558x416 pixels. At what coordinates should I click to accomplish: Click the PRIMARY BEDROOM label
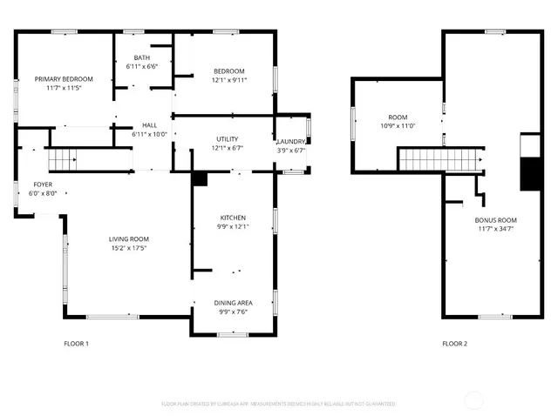coord(64,79)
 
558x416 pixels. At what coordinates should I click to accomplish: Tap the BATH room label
coord(141,57)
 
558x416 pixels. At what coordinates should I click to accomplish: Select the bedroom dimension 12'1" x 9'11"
coord(229,80)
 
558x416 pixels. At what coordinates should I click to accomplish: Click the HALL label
coord(149,125)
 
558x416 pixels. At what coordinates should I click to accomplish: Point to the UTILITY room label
coord(228,139)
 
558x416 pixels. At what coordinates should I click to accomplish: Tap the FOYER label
coord(43,185)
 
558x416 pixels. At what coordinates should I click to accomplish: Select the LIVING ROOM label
coord(128,239)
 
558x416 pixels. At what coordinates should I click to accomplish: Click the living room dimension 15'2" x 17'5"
coord(128,248)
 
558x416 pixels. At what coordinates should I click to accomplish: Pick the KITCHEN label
coord(233,218)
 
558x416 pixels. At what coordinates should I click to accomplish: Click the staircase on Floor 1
coord(62,159)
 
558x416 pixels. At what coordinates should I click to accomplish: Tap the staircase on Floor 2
coord(440,159)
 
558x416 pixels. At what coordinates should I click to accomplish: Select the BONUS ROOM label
coord(496,220)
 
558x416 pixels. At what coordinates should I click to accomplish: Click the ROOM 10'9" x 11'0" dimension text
coord(398,126)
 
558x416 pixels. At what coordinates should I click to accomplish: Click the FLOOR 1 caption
coord(77,344)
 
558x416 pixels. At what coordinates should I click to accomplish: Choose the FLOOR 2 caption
coord(454,344)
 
